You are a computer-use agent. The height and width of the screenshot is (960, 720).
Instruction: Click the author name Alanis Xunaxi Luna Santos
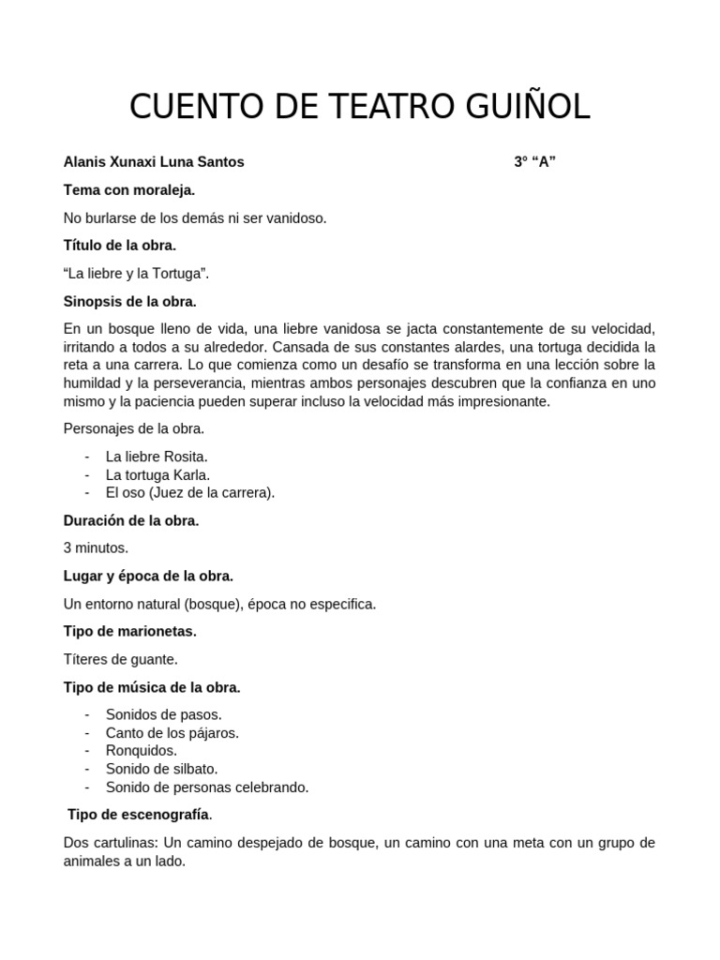(x=154, y=162)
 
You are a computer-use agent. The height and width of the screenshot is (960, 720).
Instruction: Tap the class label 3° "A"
(x=535, y=162)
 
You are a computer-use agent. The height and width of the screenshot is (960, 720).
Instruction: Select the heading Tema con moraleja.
(x=129, y=190)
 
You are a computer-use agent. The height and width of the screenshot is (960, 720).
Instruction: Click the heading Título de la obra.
(x=120, y=246)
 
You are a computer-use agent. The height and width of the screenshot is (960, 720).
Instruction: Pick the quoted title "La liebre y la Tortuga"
(x=137, y=274)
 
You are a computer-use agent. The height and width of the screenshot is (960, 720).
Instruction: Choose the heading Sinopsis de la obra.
(x=130, y=301)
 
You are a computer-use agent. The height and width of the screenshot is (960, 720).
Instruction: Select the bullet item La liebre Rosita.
(x=157, y=457)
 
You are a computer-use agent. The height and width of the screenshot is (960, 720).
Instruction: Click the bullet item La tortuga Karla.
(x=157, y=474)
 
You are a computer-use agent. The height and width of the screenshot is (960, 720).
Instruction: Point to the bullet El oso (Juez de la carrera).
(x=190, y=492)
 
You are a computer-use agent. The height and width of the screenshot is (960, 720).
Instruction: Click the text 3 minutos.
(x=96, y=548)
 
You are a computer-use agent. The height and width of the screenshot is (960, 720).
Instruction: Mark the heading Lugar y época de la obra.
(x=148, y=576)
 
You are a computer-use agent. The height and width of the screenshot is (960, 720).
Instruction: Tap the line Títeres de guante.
(x=120, y=659)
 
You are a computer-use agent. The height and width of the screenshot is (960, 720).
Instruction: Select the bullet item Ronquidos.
(x=142, y=751)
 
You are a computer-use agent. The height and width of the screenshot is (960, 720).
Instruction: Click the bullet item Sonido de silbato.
(x=162, y=769)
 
